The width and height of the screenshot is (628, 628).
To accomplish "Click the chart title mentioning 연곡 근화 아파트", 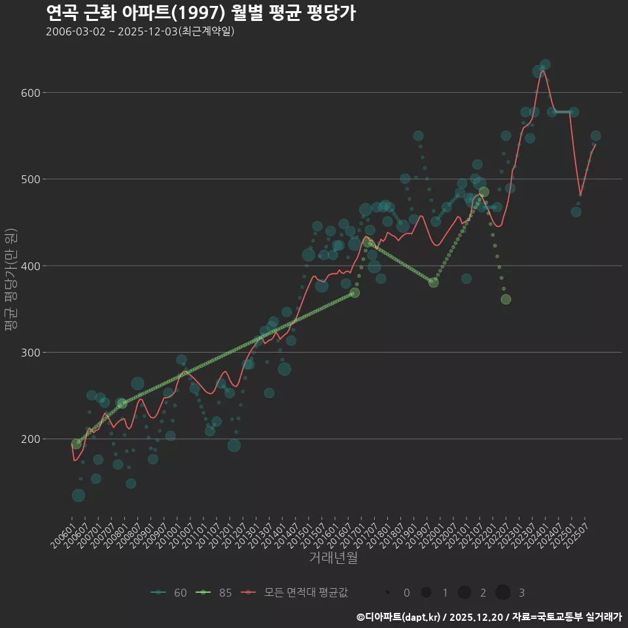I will tap(201, 12).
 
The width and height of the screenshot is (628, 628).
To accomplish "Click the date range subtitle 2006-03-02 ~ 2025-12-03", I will tap(140, 31).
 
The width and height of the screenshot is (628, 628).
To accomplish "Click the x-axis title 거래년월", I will tap(333, 558).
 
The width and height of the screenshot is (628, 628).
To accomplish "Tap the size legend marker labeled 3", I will tap(502, 593).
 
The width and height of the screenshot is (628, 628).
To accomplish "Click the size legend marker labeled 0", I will tap(388, 593).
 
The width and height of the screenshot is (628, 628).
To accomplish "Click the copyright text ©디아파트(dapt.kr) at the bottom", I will tap(489, 617).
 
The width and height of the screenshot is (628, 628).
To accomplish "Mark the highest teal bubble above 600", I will tap(545, 65).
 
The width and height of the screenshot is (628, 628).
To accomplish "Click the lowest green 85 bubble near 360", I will tap(506, 300).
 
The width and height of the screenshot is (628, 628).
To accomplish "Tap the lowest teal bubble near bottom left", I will tap(78, 495).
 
